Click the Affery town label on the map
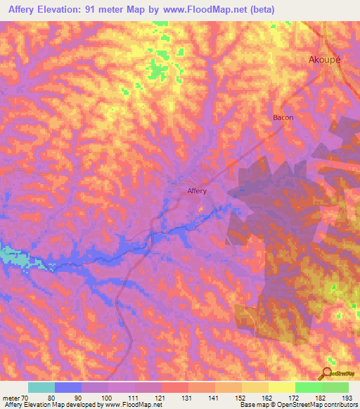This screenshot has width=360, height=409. coord(197,190)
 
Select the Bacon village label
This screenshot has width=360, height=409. coord(283,117)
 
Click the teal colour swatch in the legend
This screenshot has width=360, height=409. coord(41,387)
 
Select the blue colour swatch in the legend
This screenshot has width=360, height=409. coord(67,387)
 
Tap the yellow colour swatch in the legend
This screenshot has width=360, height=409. coord(281,387)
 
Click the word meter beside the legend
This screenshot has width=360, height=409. coord(11,398)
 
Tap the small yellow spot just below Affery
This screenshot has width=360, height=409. coord(201,208)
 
